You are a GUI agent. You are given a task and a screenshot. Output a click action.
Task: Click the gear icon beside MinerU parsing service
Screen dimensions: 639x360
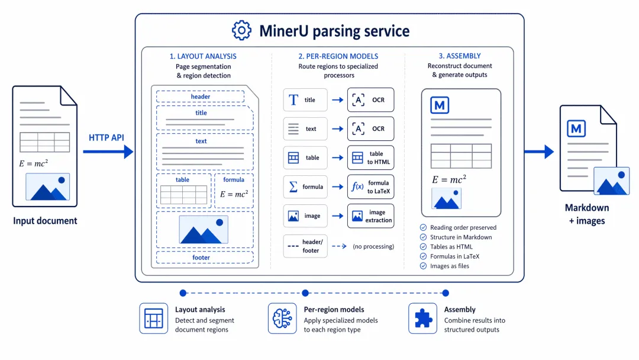[241, 30]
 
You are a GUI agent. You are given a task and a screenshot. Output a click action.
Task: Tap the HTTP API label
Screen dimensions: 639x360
[106, 138]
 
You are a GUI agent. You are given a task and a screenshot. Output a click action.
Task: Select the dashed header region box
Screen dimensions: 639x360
[200, 97]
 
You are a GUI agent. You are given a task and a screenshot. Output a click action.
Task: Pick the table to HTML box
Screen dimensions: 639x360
[370, 157]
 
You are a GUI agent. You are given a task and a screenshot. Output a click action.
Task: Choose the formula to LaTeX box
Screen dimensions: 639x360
[370, 187]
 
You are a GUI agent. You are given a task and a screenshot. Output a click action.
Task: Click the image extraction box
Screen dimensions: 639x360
[370, 216]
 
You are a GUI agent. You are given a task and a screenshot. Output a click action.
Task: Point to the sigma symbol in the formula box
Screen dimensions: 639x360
[293, 187]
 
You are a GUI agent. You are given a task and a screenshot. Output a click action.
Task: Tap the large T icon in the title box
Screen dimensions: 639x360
[293, 100]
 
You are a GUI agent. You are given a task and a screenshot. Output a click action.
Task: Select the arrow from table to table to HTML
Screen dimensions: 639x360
[337, 157]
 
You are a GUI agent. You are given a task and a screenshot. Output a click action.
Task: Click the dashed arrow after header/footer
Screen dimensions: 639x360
[339, 246]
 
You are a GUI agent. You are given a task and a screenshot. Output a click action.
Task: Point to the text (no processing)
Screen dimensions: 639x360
[373, 246]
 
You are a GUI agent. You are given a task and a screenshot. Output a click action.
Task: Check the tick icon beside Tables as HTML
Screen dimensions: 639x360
[424, 247]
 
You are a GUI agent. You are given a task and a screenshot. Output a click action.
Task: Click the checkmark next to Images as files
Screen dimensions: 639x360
[424, 266]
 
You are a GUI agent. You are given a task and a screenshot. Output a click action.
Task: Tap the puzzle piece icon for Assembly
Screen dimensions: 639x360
[423, 319]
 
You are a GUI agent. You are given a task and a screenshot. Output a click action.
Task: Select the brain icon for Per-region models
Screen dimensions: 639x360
[282, 319]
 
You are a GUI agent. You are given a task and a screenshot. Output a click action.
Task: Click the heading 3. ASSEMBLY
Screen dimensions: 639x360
[460, 56]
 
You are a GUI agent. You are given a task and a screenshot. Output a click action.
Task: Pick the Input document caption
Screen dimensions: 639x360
[45, 221]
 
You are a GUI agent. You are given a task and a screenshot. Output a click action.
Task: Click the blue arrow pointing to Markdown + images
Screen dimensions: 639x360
[539, 152]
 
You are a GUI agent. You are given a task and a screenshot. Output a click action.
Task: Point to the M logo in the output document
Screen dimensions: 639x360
[576, 129]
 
